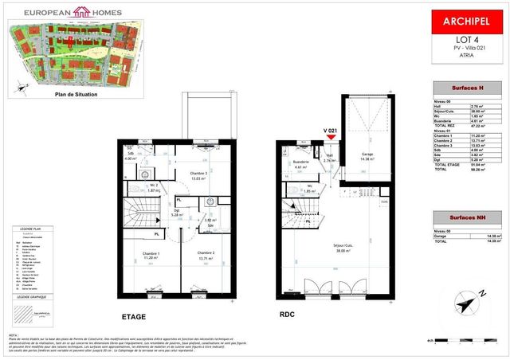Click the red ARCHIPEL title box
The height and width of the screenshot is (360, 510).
(x=466, y=22)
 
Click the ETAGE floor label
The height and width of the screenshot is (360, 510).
(x=133, y=317)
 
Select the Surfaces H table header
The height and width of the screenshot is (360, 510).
(x=465, y=87)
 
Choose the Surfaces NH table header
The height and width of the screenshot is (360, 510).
(x=465, y=217)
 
